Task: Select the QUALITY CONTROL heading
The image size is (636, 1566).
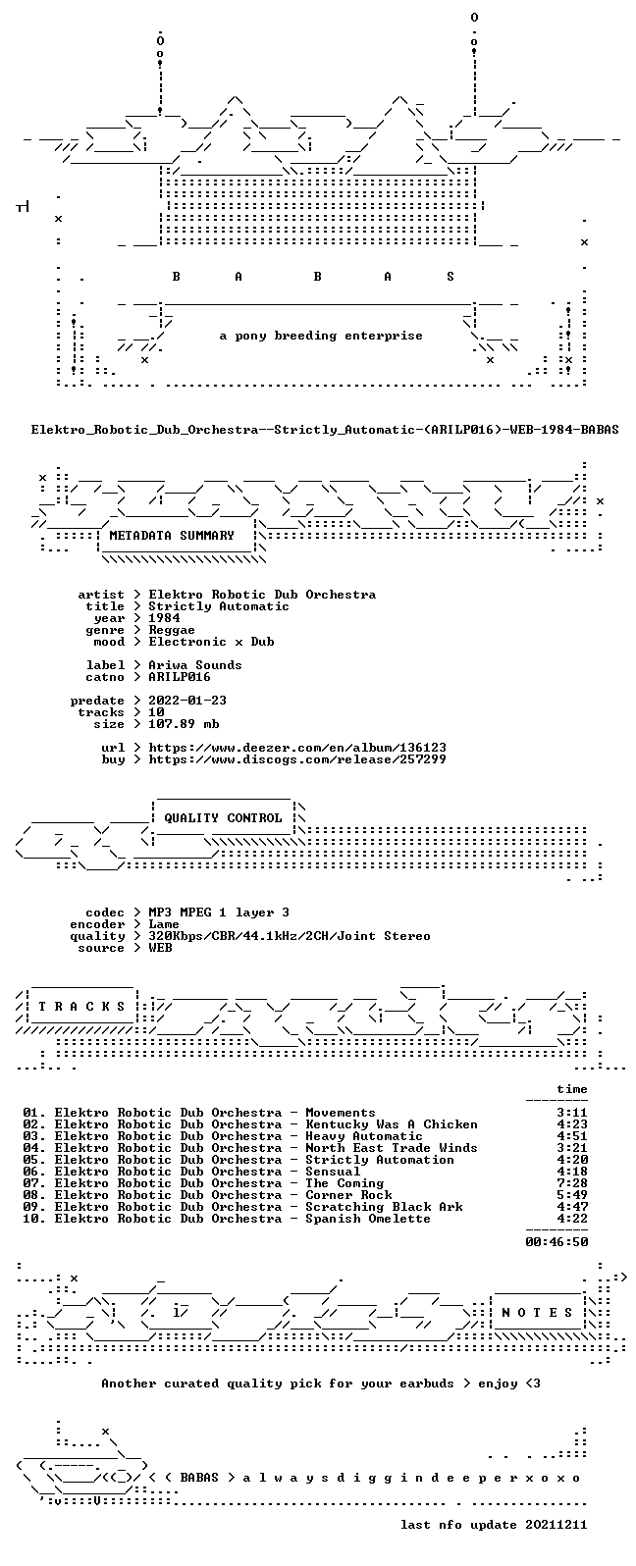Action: pos(223,818)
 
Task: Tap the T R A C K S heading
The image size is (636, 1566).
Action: pos(81,1006)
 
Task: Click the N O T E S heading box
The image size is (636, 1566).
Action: pos(537,1312)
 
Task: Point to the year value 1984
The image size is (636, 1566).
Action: pos(165,618)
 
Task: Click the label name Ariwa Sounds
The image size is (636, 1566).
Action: pos(195,665)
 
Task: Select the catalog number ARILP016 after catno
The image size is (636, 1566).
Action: pos(180,677)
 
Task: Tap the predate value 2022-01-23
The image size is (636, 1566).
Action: pos(187,701)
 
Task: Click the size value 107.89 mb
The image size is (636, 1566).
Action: pos(184,724)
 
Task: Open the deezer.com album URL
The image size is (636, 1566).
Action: pos(297,748)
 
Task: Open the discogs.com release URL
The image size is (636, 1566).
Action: pos(297,759)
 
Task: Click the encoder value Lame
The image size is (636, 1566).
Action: pos(165,924)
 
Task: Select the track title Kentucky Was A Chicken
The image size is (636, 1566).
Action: pos(392,1124)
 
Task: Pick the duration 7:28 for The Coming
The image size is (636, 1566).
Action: pos(572,1183)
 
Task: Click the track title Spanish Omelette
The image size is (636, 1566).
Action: pos(368,1219)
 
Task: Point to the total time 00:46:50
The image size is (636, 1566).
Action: pos(556,1241)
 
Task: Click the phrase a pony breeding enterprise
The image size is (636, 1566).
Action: pos(321,337)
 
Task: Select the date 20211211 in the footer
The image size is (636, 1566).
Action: pos(556,1525)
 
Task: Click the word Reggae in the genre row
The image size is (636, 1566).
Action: pos(172,630)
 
